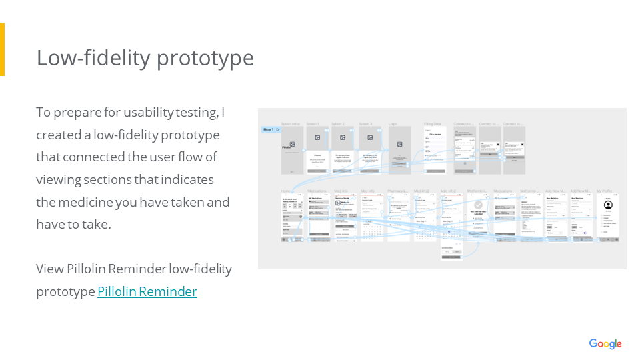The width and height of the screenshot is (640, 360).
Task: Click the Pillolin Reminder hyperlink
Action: click(147, 292)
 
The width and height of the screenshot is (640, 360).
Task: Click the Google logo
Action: click(605, 344)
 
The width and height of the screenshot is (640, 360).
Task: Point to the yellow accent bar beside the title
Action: click(2, 49)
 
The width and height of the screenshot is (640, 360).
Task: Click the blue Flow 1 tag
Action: click(271, 129)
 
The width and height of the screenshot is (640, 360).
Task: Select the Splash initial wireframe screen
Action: click(292, 151)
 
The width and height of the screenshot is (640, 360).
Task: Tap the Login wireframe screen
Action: click(399, 151)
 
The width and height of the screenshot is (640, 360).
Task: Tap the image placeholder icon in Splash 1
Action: click(318, 137)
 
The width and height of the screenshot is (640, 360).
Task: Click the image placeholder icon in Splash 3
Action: click(370, 137)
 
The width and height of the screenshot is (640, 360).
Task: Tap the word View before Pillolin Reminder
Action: click(49, 269)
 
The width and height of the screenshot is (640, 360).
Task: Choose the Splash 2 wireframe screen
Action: click(344, 151)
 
